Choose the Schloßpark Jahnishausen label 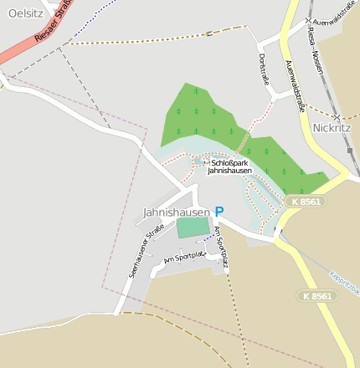click(x=230, y=166)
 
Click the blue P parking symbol click(x=219, y=212)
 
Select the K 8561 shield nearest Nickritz click(x=305, y=202)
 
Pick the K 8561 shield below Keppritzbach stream click(x=317, y=296)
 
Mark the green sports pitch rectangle click(x=193, y=227)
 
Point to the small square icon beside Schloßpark click(x=207, y=161)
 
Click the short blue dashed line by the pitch click(x=206, y=238)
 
